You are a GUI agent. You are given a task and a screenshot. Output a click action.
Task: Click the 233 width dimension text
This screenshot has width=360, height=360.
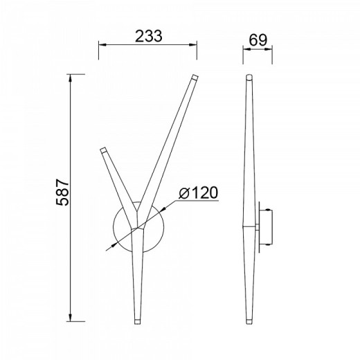[149, 36]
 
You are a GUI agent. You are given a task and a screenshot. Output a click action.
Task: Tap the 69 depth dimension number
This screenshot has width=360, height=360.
[258, 40]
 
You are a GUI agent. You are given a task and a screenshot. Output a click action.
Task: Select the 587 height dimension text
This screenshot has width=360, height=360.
[62, 192]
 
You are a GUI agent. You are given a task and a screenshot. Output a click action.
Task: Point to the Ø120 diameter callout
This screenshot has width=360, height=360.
[198, 192]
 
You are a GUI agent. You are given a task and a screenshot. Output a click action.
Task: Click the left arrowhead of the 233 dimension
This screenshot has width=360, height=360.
[102, 44]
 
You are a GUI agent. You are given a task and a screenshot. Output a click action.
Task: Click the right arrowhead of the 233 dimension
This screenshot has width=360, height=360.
[193, 44]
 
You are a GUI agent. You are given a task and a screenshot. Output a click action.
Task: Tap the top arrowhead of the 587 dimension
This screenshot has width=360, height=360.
[71, 78]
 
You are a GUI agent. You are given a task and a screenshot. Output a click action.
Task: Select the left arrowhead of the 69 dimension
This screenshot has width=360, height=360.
[246, 49]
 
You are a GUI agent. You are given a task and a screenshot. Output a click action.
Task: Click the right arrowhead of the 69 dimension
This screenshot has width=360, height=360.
[269, 49]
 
